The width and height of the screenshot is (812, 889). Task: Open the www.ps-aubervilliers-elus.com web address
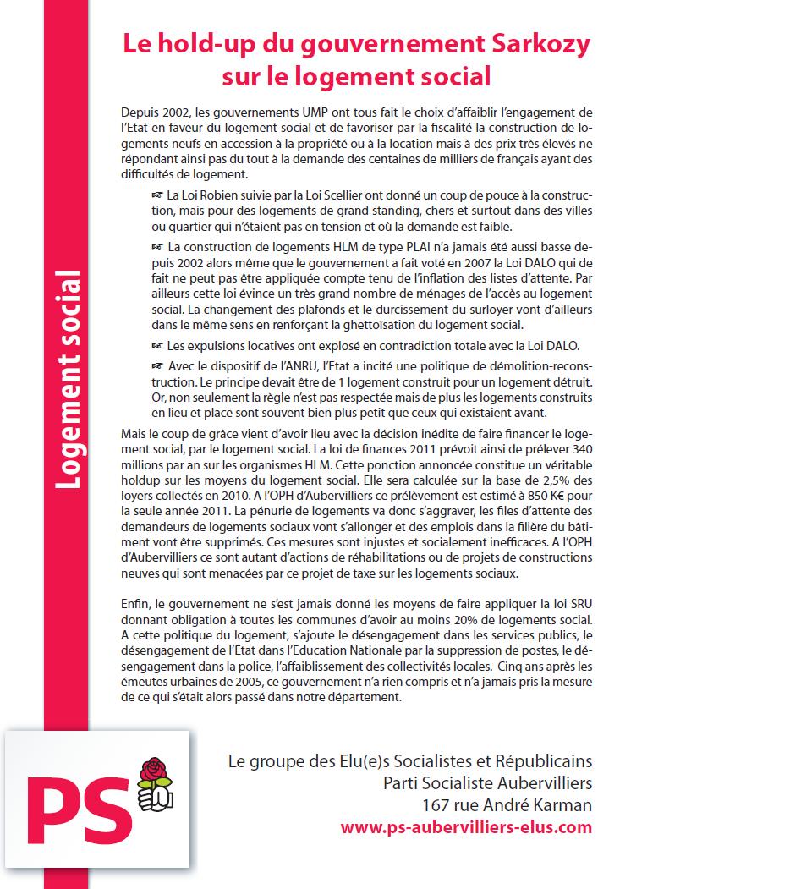pos(466,827)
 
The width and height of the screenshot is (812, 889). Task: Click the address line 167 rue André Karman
pos(507,805)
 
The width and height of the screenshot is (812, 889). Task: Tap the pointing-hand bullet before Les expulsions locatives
pos(156,345)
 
